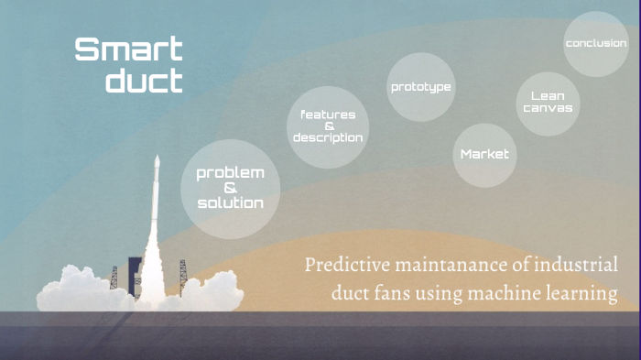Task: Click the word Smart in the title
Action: [x=128, y=49]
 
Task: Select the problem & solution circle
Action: [x=230, y=189]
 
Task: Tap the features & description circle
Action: [x=327, y=127]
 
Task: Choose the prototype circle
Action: [x=421, y=88]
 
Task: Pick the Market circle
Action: [x=484, y=154]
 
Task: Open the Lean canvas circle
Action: [x=548, y=103]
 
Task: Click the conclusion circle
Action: [x=595, y=44]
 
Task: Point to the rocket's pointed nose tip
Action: [x=157, y=158]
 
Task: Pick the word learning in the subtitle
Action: [x=583, y=295]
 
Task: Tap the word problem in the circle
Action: [x=230, y=173]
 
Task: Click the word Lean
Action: [x=548, y=95]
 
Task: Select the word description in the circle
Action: [x=328, y=137]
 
